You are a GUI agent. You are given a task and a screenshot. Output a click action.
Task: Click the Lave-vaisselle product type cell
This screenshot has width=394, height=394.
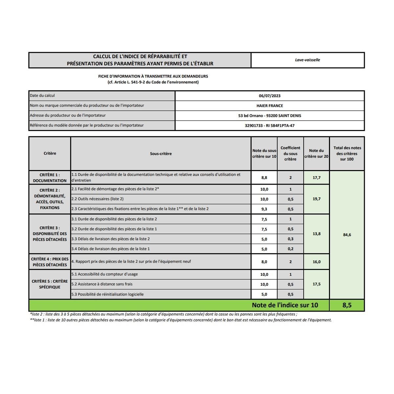tap(307, 60)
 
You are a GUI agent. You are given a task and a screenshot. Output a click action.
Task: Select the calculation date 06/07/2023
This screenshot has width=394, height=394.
tap(270, 96)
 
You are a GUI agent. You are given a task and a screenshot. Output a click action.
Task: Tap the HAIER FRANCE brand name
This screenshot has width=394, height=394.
tap(270, 106)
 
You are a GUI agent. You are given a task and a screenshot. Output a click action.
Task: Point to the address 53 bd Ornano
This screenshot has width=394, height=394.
tap(270, 116)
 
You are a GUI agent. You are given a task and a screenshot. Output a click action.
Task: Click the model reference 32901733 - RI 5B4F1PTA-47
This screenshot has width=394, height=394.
tap(270, 125)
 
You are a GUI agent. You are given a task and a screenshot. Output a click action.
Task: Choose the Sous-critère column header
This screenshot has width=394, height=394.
tap(161, 154)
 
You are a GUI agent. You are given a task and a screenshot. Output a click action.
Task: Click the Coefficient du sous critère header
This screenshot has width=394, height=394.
tap(290, 154)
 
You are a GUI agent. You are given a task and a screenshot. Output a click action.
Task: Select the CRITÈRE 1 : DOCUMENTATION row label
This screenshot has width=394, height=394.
tap(50, 178)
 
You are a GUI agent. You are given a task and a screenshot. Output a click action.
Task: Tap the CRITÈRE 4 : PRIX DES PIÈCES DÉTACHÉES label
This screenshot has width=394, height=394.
tap(50, 262)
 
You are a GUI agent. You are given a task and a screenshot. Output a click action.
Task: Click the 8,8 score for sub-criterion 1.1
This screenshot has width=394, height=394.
tap(264, 178)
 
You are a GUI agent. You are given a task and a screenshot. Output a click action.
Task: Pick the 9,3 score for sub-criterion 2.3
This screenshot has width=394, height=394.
tap(264, 209)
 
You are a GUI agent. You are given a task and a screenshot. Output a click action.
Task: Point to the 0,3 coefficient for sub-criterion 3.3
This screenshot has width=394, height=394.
tap(290, 239)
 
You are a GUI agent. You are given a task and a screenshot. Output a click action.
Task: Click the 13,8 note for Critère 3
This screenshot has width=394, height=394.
tap(317, 234)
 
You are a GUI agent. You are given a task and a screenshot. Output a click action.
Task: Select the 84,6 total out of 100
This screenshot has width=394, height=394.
tap(347, 235)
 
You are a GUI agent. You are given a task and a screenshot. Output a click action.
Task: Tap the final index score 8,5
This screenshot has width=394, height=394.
tap(347, 305)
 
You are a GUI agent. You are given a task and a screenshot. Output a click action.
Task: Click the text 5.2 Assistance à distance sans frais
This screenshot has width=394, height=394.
tap(102, 284)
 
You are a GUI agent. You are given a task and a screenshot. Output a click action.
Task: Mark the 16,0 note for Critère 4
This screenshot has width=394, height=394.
tap(317, 262)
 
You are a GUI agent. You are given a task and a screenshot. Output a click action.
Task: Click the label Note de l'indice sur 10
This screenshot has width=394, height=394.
tap(285, 305)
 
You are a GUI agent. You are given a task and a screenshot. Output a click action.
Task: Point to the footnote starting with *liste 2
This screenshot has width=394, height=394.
tap(163, 314)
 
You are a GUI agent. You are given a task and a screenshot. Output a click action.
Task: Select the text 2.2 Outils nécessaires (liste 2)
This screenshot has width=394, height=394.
tap(98, 199)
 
